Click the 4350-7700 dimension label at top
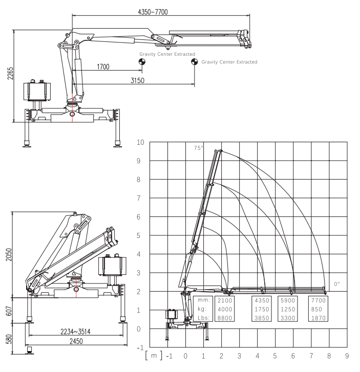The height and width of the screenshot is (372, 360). [x=153, y=12]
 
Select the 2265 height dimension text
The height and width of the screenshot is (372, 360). [x=10, y=73]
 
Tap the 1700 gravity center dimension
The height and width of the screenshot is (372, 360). [x=103, y=67]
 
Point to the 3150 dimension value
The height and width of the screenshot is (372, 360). [x=137, y=80]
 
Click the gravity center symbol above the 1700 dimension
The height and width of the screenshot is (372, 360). [x=142, y=62]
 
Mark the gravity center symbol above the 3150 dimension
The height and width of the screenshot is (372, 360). [x=195, y=62]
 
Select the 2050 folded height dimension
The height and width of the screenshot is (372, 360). [x=9, y=254]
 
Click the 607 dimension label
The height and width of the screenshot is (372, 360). [x=9, y=311]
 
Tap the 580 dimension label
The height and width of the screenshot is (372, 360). [x=9, y=339]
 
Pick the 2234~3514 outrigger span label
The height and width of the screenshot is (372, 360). [x=75, y=332]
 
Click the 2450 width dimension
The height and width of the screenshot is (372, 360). [x=76, y=341]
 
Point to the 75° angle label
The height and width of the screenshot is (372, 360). [x=199, y=148]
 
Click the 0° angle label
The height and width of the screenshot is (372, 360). [x=337, y=284]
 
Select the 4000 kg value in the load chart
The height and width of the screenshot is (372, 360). [x=225, y=309]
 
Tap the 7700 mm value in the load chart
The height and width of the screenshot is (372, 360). [x=318, y=300]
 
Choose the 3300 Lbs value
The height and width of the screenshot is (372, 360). [x=288, y=318]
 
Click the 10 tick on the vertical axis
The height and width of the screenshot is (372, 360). [x=140, y=142]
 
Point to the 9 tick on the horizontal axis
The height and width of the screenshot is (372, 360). [x=347, y=356]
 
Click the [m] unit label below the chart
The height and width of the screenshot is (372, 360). [x=154, y=356]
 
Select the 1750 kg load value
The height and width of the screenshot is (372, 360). [x=262, y=309]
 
